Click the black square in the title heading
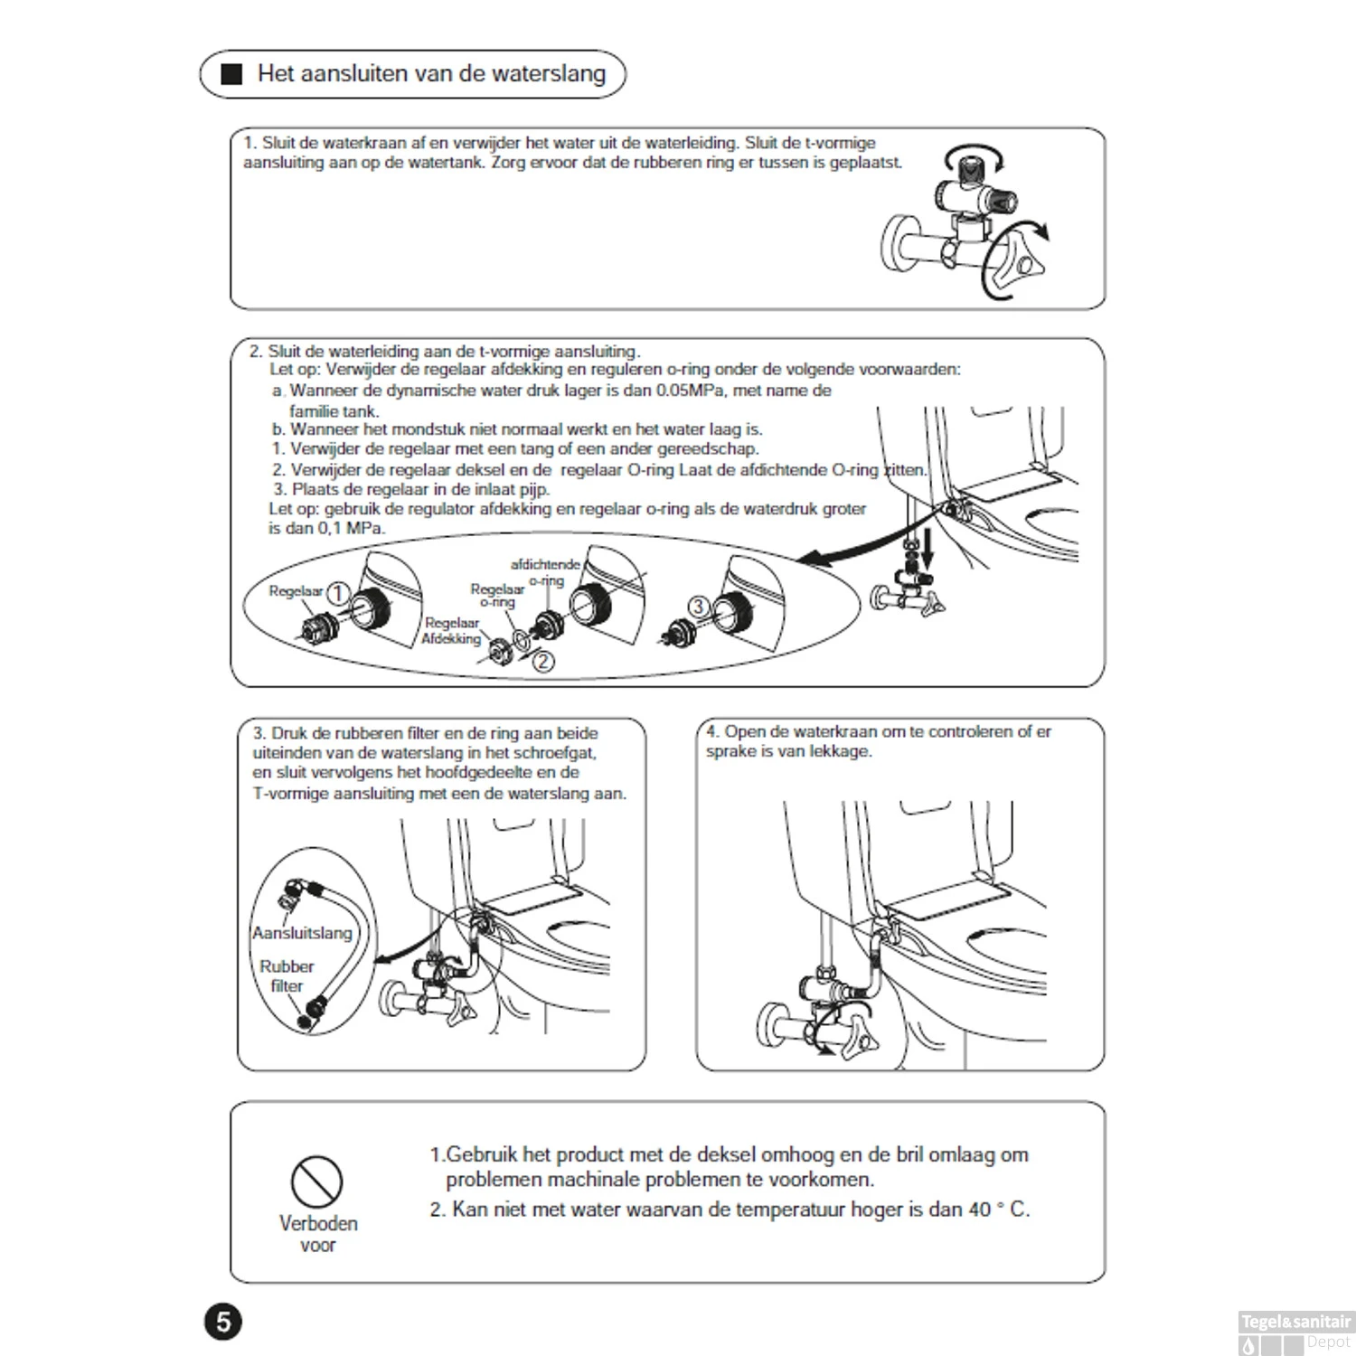(x=232, y=74)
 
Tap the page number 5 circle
(x=223, y=1323)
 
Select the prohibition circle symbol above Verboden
(x=316, y=1182)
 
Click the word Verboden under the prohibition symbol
(x=318, y=1223)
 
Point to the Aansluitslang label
(x=302, y=933)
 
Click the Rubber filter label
(x=287, y=976)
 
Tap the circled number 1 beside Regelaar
(x=337, y=593)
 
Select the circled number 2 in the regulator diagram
(x=542, y=662)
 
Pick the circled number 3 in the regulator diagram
(x=698, y=607)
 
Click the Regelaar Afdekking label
(x=451, y=631)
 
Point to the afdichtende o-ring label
(x=545, y=572)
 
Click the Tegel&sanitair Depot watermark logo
(x=1295, y=1332)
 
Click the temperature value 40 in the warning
(x=979, y=1210)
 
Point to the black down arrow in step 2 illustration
(x=926, y=544)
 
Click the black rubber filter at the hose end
(x=306, y=1020)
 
